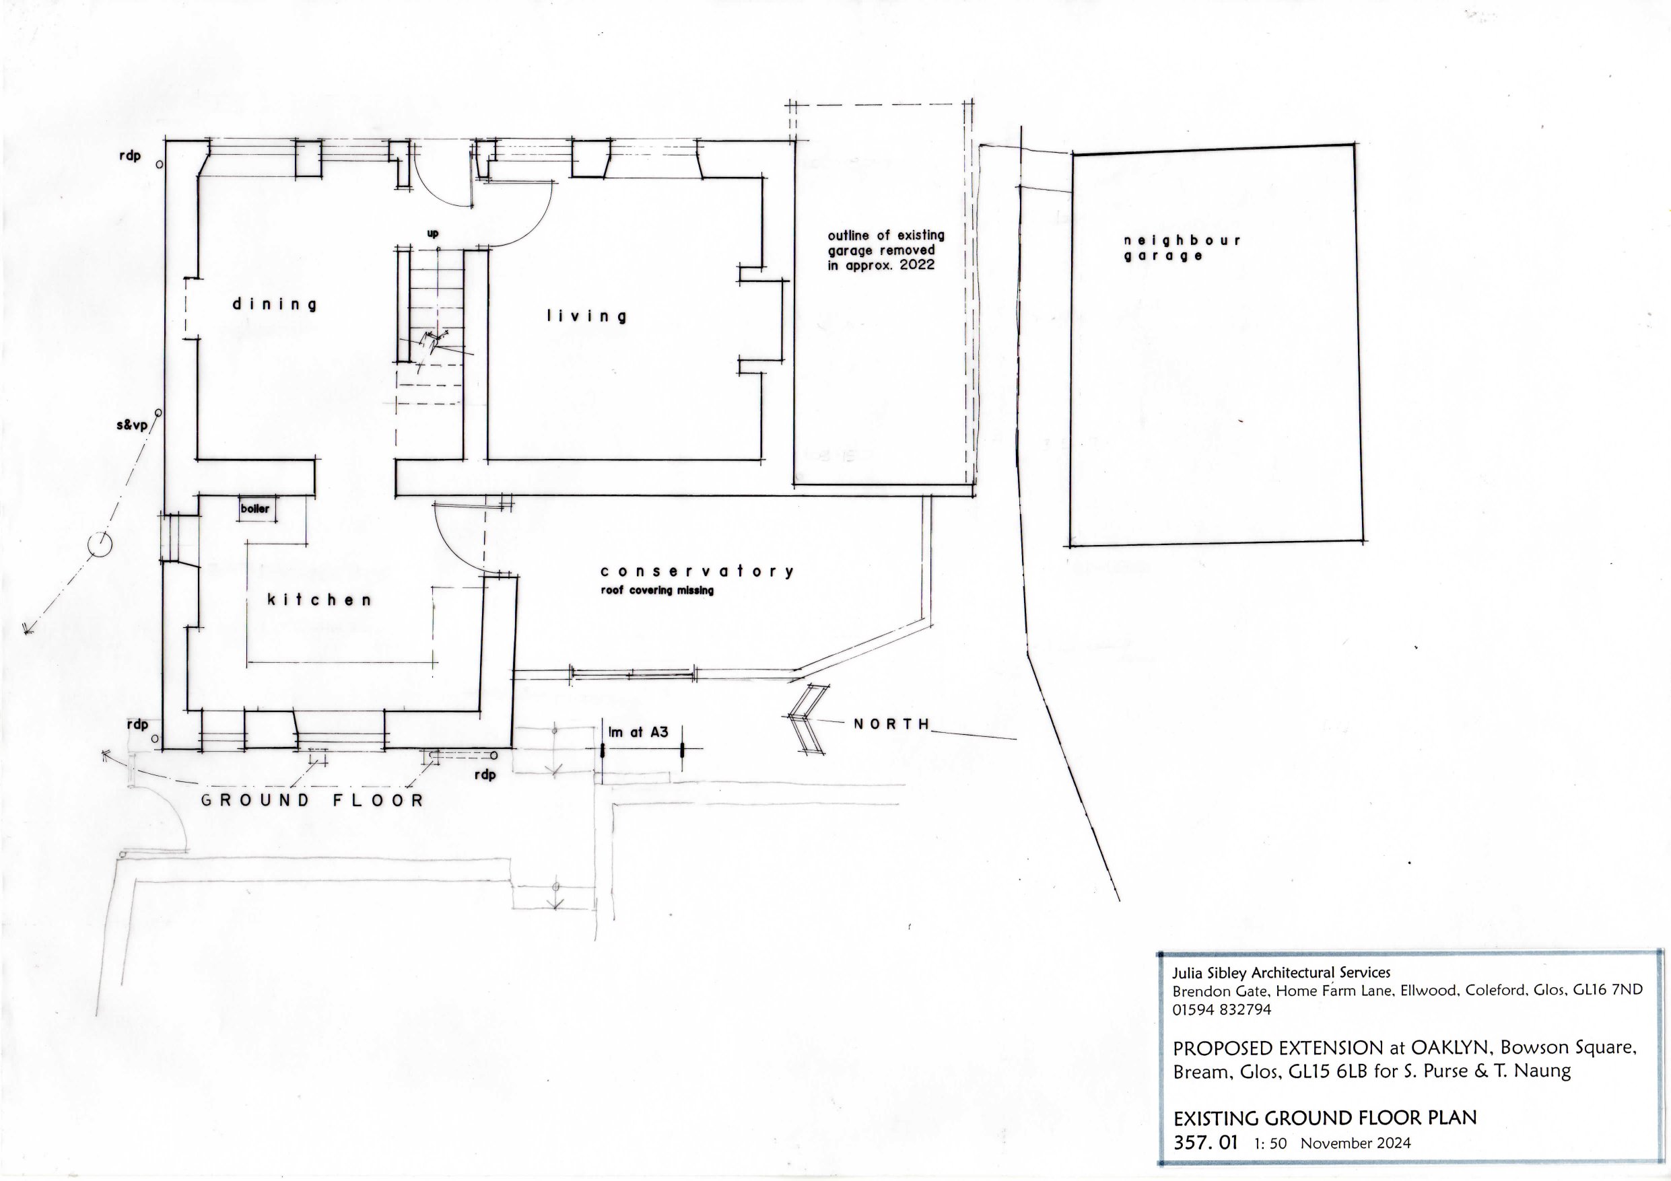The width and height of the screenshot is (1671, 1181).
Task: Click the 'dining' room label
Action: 275,305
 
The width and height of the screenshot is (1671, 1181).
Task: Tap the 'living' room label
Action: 586,316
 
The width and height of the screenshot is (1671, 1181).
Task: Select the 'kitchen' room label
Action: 320,600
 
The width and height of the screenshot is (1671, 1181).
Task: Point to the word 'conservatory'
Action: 697,571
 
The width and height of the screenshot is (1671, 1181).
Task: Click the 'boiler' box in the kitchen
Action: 254,509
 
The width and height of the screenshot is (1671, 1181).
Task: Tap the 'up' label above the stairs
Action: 432,234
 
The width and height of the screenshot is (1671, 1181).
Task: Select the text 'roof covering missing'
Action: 656,591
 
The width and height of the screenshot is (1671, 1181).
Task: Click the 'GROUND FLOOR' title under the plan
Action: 312,800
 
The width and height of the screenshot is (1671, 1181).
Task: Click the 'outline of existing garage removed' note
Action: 886,250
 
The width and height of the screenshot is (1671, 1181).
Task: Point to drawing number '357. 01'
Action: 1206,1142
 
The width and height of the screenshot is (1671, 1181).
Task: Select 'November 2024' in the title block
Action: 1356,1143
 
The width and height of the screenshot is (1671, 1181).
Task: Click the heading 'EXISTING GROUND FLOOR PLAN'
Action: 1326,1118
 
